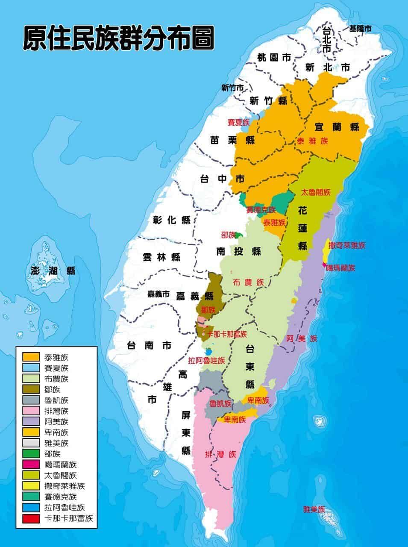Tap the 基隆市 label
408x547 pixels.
click(x=360, y=29)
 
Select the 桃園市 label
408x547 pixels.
click(x=274, y=57)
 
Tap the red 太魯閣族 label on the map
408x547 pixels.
click(x=316, y=192)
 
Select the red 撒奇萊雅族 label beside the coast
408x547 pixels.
click(x=347, y=245)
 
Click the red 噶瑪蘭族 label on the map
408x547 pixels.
click(x=340, y=268)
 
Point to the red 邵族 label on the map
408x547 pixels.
click(x=228, y=235)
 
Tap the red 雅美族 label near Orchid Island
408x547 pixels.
click(x=314, y=509)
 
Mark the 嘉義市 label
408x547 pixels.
click(x=159, y=294)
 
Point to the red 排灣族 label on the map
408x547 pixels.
click(x=220, y=454)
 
